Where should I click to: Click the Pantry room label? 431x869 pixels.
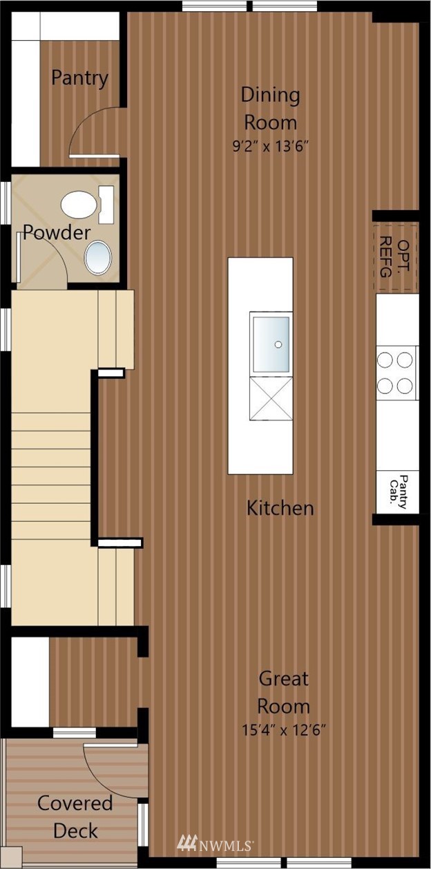(79, 79)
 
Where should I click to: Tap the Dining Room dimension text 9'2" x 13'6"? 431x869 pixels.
(270, 147)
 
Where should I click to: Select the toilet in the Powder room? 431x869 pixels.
(87, 205)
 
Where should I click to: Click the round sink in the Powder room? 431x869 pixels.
(98, 257)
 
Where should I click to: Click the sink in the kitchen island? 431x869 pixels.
(271, 344)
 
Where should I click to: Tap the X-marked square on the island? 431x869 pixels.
(271, 398)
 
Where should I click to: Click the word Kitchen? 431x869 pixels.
(280, 508)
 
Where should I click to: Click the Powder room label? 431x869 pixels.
(57, 232)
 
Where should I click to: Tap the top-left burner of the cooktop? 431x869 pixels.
(385, 359)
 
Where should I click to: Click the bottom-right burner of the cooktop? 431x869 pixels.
(405, 386)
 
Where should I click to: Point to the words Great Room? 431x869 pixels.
(283, 693)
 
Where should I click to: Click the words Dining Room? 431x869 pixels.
(270, 109)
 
